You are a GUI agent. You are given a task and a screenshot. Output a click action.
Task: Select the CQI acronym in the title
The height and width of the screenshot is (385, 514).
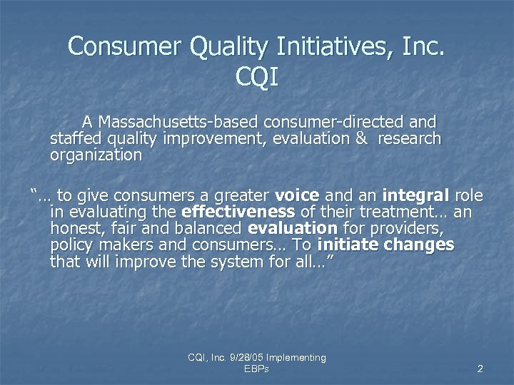(x=256, y=77)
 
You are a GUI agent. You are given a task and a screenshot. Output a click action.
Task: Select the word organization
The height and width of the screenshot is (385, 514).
(x=96, y=154)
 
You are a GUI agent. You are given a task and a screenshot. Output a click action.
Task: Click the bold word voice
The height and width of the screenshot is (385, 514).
(x=297, y=195)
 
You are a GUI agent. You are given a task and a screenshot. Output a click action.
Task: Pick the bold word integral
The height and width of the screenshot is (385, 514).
(x=415, y=195)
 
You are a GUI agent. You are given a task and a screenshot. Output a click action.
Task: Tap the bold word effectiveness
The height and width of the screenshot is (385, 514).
(x=238, y=212)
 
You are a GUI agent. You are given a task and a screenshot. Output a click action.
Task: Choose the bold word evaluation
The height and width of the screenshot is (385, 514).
(x=292, y=228)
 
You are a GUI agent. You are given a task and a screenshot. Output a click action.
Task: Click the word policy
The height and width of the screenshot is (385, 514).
(x=70, y=245)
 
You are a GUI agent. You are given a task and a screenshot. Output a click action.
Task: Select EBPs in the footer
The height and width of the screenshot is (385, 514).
(x=256, y=369)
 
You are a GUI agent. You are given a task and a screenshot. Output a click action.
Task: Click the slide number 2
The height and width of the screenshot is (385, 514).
(x=480, y=369)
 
